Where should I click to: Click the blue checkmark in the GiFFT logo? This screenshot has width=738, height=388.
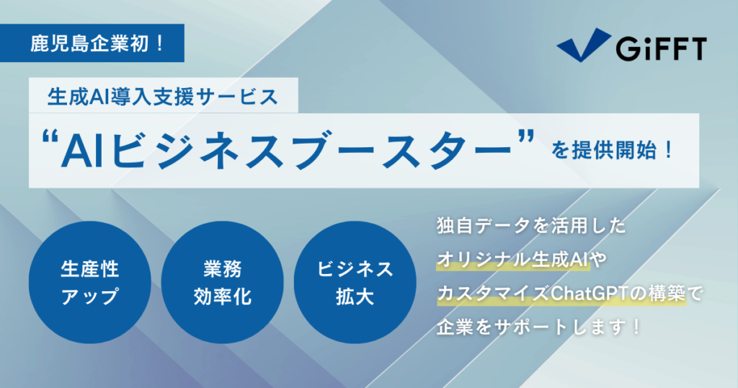[584, 45]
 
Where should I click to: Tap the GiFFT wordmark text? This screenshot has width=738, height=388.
[662, 48]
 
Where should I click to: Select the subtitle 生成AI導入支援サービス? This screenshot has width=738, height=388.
[163, 97]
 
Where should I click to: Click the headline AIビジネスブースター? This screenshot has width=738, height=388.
[287, 151]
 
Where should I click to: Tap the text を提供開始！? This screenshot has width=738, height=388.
[613, 151]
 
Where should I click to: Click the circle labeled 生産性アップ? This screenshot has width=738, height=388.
[90, 283]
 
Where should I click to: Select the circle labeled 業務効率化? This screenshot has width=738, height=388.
[222, 283]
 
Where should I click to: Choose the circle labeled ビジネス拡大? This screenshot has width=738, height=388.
[355, 283]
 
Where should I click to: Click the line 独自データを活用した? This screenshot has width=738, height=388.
[531, 226]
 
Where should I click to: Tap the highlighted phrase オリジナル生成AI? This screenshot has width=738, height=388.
[512, 260]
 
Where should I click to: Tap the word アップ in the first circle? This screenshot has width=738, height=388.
[89, 296]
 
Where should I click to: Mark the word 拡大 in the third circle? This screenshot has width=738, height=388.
[355, 296]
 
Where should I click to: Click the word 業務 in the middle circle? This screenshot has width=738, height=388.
[222, 269]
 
